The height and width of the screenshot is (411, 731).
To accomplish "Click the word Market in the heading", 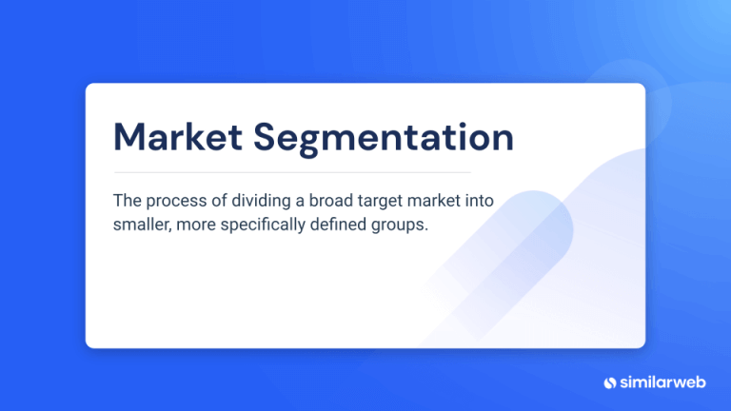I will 177,137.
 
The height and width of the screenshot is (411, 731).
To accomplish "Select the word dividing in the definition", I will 265,201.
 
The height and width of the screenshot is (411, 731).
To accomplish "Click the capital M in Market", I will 128,137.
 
